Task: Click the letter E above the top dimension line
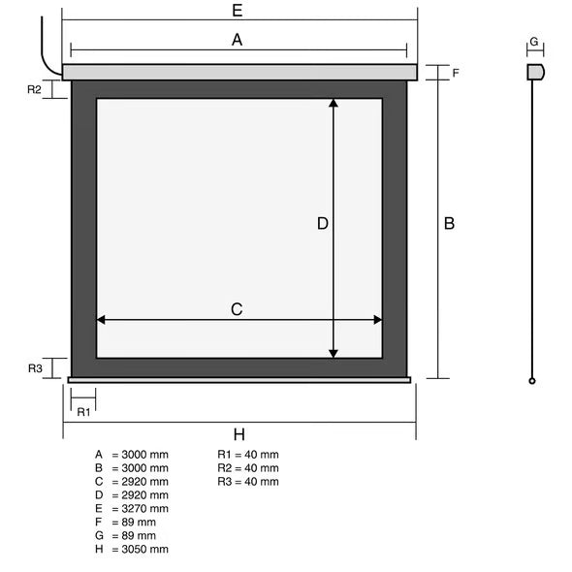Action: pos(238,11)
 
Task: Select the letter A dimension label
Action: pos(238,40)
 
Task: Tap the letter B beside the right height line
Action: pos(449,223)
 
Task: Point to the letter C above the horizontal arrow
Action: pos(237,309)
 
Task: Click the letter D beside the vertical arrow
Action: pos(323,223)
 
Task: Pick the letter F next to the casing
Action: pos(456,73)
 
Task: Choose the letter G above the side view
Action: pos(533,42)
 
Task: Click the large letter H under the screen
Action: pos(238,434)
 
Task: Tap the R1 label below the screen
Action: pos(83,412)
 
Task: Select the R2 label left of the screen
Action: pos(34,89)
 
